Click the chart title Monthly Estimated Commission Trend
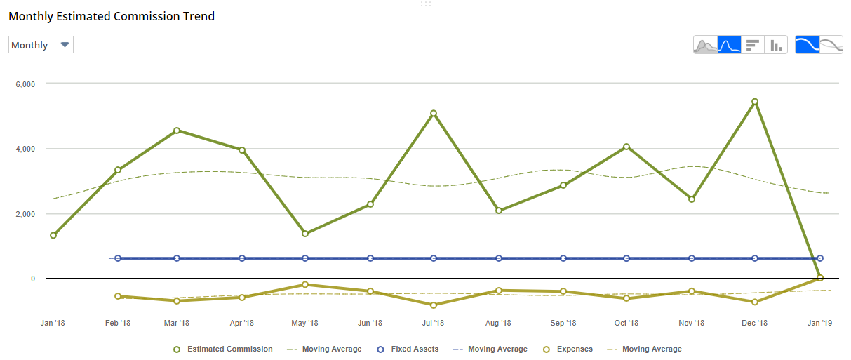112,16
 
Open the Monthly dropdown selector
41,45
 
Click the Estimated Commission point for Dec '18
755,102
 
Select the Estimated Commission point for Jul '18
434,114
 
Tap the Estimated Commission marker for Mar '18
177,131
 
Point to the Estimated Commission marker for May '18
305,234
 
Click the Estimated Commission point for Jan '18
53,236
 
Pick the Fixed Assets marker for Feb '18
118,258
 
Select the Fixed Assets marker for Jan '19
819,258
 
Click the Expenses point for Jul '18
434,305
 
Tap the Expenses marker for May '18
305,285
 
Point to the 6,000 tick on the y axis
25,84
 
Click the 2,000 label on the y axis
25,214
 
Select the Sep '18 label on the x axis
563,324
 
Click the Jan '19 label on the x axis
819,324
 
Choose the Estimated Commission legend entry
223,349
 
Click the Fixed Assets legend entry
408,349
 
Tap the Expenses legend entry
569,349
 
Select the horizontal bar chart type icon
753,45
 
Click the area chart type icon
706,45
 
